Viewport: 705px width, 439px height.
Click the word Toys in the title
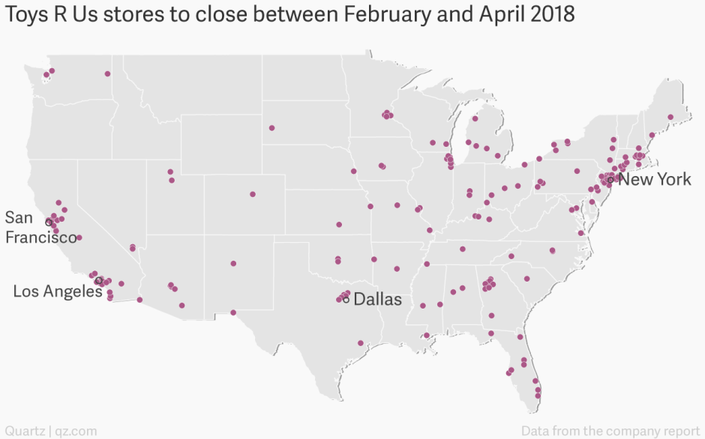coord(30,16)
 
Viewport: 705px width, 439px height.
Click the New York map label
coord(654,180)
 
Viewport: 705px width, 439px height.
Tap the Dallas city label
coord(377,300)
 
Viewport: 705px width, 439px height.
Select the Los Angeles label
coord(57,291)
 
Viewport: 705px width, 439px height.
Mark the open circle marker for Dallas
coord(346,300)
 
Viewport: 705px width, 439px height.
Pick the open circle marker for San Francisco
coord(48,222)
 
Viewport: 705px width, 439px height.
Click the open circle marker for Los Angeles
coord(99,280)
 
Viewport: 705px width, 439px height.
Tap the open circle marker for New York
coord(610,180)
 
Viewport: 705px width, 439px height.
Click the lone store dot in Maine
coord(670,117)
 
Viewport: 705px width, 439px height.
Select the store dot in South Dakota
coord(271,127)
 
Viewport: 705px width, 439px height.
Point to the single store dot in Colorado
coord(253,194)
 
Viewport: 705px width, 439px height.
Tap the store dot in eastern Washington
coord(107,73)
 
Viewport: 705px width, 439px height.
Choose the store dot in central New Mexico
coord(233,264)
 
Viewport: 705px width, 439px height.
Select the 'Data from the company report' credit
coord(610,431)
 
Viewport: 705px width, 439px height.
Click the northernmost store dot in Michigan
coord(475,118)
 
